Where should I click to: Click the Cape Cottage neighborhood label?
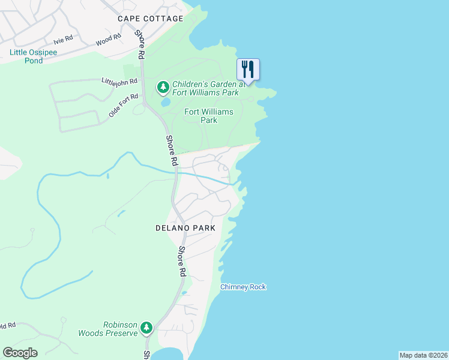[x=151, y=19]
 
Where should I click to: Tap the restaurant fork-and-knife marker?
[x=248, y=69]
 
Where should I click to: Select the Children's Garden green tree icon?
[x=163, y=88]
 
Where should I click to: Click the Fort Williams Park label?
[x=200, y=116]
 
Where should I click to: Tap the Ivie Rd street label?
[x=63, y=41]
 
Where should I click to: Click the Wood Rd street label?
[x=109, y=40]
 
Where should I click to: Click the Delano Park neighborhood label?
[x=185, y=228]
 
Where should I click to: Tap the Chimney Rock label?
[x=243, y=287]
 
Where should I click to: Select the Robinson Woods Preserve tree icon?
[x=146, y=328]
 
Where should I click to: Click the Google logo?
[x=20, y=352]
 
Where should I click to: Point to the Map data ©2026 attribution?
[x=423, y=355]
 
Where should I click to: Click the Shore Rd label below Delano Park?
[x=181, y=261]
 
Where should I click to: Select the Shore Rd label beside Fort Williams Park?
[x=172, y=151]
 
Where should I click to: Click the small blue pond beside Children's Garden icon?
[x=164, y=101]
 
